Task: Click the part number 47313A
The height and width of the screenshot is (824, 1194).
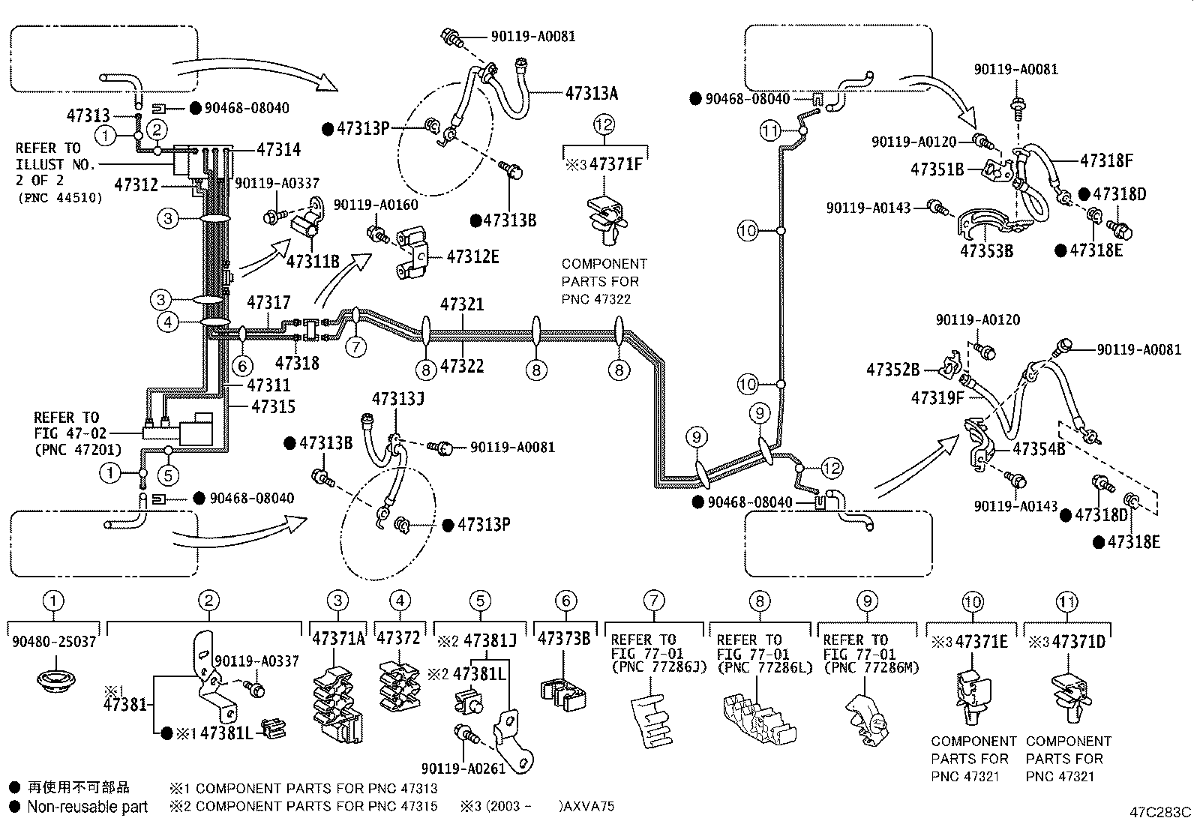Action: pyautogui.click(x=591, y=93)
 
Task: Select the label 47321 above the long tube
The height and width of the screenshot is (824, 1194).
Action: pyautogui.click(x=462, y=304)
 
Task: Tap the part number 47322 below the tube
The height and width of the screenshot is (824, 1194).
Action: pyautogui.click(x=462, y=366)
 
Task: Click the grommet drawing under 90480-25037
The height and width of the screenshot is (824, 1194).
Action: pyautogui.click(x=53, y=682)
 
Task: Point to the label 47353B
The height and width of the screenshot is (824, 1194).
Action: pyautogui.click(x=986, y=250)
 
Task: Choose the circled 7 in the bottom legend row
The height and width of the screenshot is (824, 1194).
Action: pyautogui.click(x=654, y=600)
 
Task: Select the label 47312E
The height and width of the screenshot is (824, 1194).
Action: pyautogui.click(x=472, y=257)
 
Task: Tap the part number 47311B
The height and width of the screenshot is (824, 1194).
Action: pyautogui.click(x=313, y=261)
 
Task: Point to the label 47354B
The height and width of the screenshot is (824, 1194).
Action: pyautogui.click(x=1039, y=449)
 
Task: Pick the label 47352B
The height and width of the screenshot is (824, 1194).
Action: pyautogui.click(x=892, y=370)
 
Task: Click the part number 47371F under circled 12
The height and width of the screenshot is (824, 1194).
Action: pyautogui.click(x=616, y=164)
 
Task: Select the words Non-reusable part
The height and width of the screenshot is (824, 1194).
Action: pyautogui.click(x=87, y=807)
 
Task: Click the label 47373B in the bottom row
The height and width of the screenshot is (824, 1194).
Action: pyautogui.click(x=564, y=639)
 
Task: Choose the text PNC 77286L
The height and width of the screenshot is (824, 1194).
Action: pyautogui.click(x=764, y=667)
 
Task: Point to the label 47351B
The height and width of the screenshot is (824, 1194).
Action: pyautogui.click(x=937, y=169)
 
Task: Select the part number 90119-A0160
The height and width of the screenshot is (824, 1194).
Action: pyautogui.click(x=376, y=205)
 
